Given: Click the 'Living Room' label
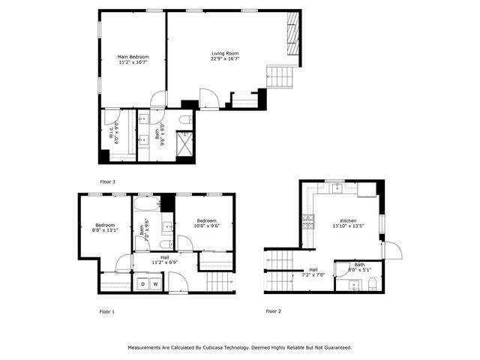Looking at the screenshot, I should [x=225, y=53].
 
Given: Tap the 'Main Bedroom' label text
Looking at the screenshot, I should [x=133, y=56].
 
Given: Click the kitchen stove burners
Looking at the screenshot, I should [x=307, y=221].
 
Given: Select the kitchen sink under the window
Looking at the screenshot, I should [x=334, y=187].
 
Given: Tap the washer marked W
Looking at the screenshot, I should [x=154, y=285].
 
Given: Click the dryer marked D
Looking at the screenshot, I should [x=142, y=285].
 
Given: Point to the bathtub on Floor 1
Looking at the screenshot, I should [x=146, y=204].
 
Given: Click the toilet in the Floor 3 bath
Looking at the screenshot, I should [x=185, y=119].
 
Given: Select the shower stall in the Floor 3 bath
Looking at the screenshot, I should [x=184, y=142].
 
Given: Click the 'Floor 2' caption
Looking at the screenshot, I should [x=273, y=311].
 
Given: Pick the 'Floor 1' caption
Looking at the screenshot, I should [x=107, y=311].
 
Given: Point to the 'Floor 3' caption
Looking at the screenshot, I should [x=107, y=181].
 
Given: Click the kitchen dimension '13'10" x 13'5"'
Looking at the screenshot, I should [x=348, y=226].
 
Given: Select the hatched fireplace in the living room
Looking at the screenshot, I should [x=292, y=34].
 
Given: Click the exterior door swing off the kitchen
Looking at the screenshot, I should [x=392, y=250].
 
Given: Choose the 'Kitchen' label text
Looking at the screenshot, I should [x=348, y=220].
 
